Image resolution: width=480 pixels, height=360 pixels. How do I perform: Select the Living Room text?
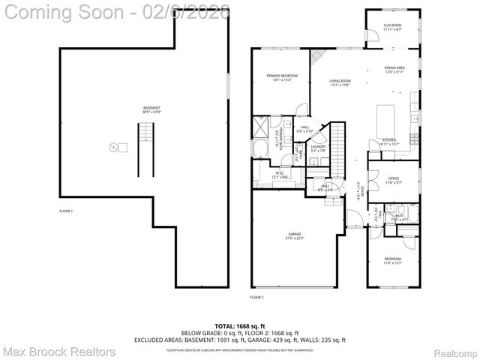340,82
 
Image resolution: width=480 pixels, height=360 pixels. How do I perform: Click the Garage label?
294,236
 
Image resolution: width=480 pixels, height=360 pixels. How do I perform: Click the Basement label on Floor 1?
151,109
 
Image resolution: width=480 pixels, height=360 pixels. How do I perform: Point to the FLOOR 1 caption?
67,211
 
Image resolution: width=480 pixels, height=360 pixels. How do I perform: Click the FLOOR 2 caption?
257,297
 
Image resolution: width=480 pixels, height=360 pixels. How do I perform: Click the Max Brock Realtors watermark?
58,351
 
